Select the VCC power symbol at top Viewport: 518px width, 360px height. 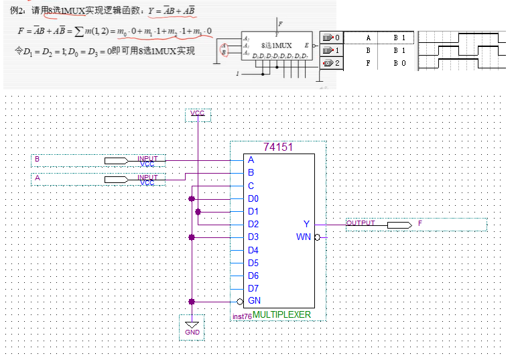198,115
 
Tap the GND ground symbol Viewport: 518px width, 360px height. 192,328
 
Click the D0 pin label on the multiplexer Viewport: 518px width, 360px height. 253,198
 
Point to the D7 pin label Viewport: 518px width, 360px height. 253,288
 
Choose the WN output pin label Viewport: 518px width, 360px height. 304,237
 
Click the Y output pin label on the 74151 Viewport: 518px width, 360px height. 306,224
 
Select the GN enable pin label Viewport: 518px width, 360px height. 254,301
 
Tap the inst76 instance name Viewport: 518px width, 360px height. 241,316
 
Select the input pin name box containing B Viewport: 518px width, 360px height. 67,160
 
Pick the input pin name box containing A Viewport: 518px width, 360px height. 67,179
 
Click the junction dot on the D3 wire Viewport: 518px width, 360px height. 192,237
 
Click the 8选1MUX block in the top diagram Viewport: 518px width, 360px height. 277,46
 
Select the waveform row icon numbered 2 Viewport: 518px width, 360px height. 331,62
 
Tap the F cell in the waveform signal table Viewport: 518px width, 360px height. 368,62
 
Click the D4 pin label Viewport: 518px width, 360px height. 253,250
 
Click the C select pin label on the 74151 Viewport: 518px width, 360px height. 251,186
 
